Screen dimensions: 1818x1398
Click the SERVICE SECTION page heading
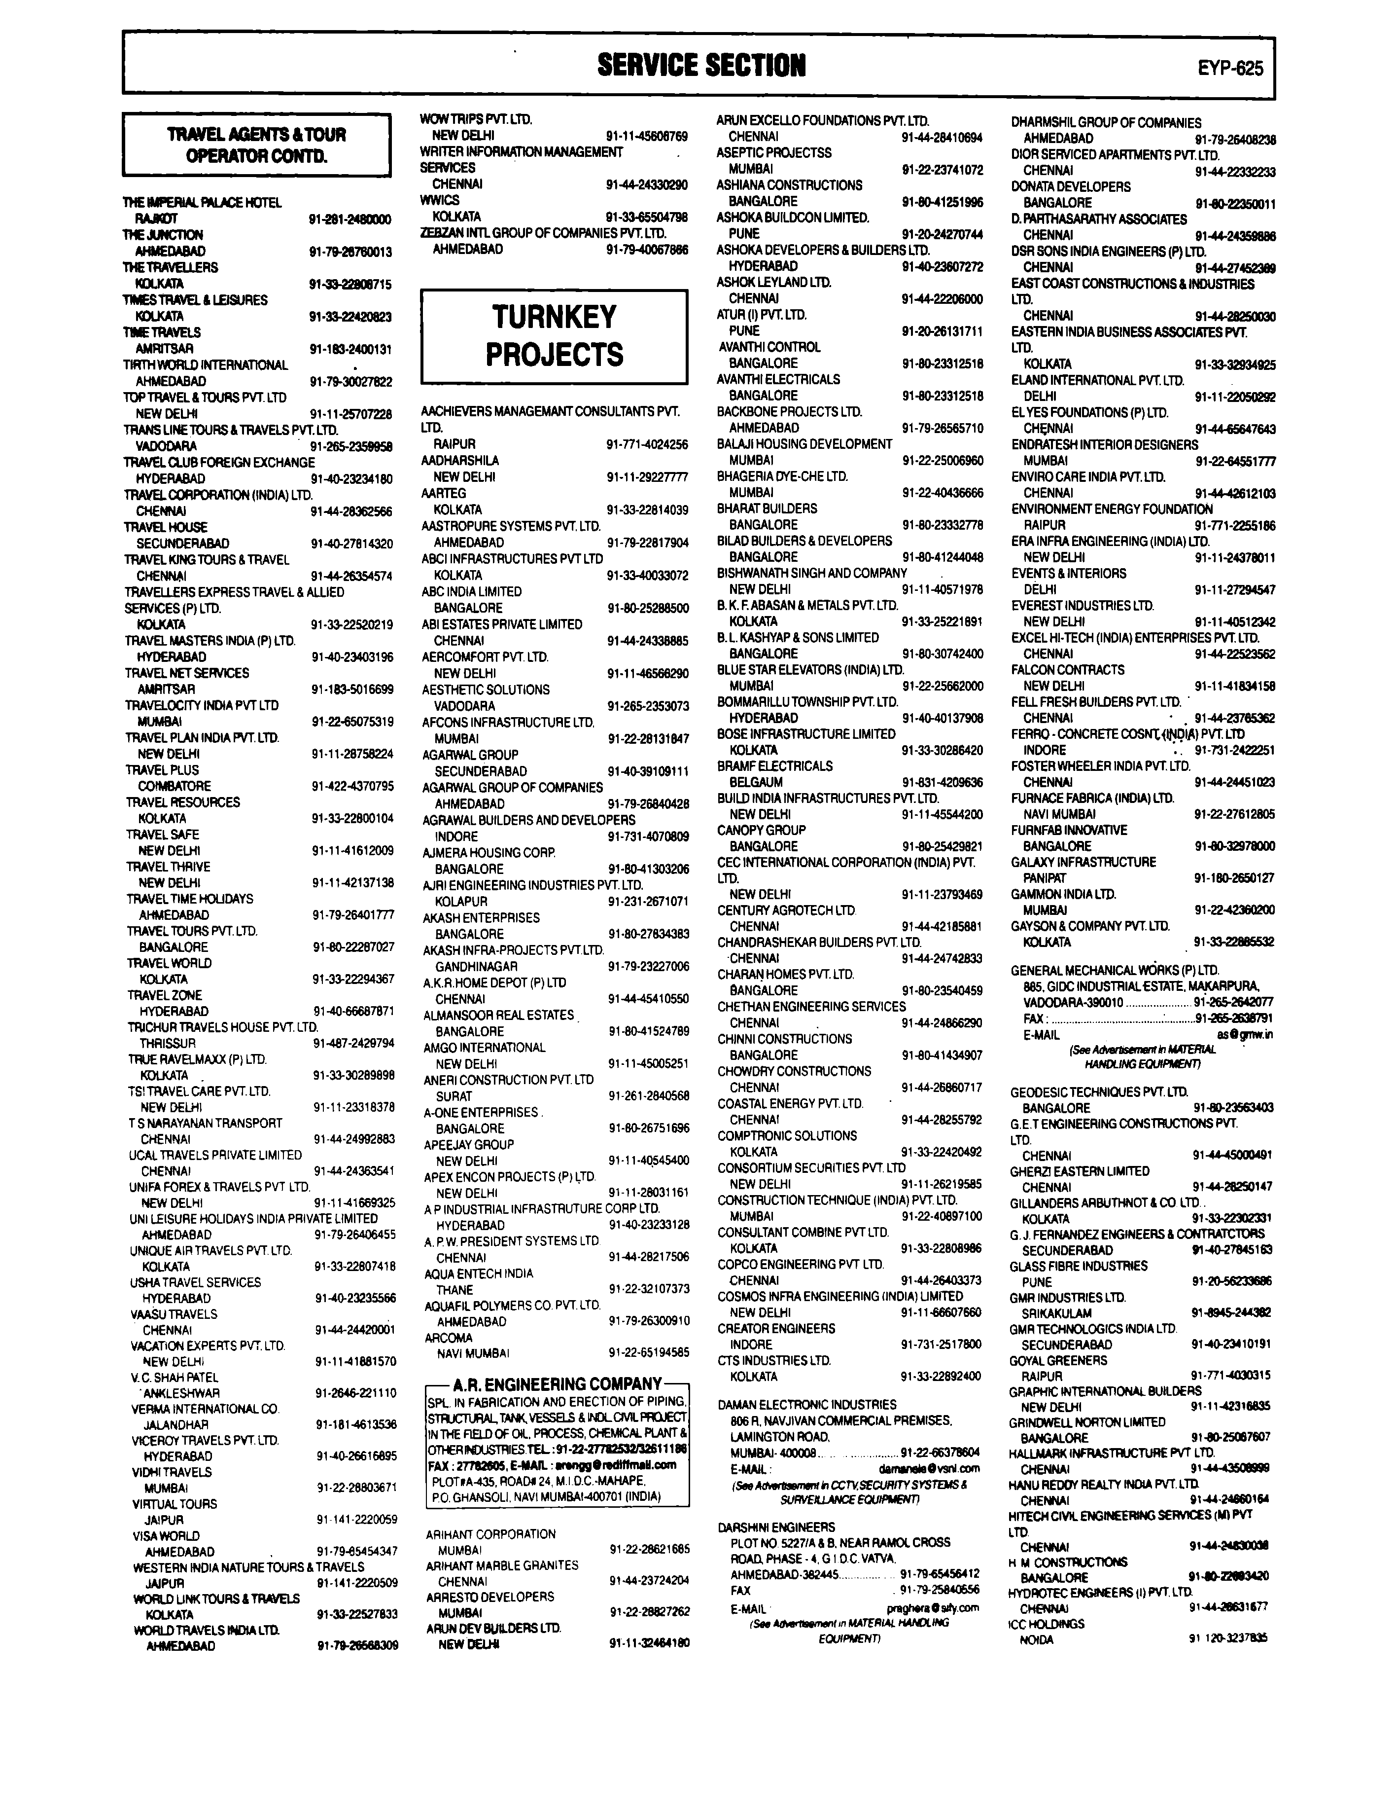click(700, 65)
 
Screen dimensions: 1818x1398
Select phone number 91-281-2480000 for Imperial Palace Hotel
click(349, 219)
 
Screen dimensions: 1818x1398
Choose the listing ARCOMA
click(449, 1338)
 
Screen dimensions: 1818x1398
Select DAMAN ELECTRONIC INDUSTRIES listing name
click(807, 1404)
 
